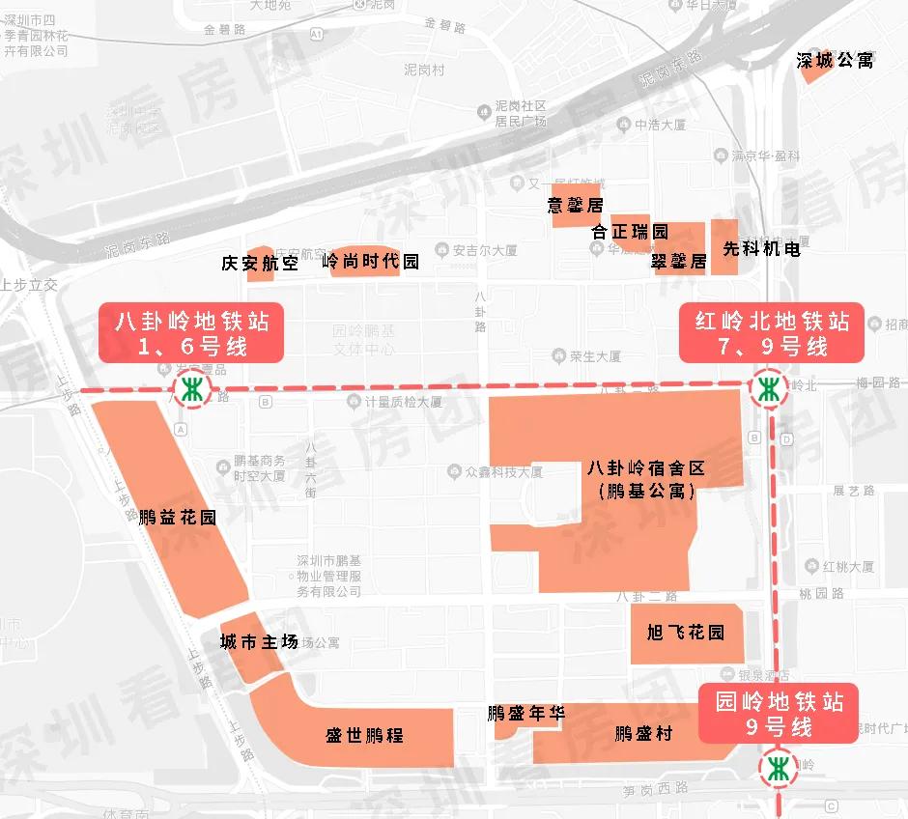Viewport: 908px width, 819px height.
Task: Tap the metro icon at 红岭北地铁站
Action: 769,389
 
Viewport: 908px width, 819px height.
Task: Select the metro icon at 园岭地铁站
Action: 779,769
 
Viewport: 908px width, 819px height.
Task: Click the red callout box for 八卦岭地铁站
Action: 191,332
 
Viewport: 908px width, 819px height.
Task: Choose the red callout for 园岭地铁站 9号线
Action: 779,714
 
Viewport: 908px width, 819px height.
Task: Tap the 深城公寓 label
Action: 835,61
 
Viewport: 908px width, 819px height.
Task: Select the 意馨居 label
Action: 575,206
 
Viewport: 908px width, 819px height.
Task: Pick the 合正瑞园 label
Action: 630,232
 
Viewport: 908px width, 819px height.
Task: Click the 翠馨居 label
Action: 678,262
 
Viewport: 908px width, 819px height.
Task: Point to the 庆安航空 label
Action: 260,262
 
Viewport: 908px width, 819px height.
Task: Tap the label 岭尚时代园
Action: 370,262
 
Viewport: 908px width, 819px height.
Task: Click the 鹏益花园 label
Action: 177,517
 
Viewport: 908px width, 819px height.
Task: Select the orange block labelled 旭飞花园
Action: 686,634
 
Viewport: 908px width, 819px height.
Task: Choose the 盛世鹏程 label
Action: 364,735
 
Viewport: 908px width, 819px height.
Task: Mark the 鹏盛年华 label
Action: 525,714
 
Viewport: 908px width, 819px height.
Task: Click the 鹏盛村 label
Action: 643,734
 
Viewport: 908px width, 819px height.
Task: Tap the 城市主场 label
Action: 259,642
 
